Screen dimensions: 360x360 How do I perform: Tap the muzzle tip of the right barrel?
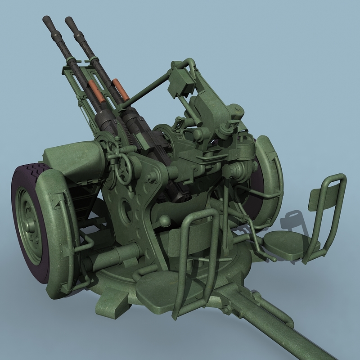[69, 20]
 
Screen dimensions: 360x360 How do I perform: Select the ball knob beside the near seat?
[165, 220]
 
